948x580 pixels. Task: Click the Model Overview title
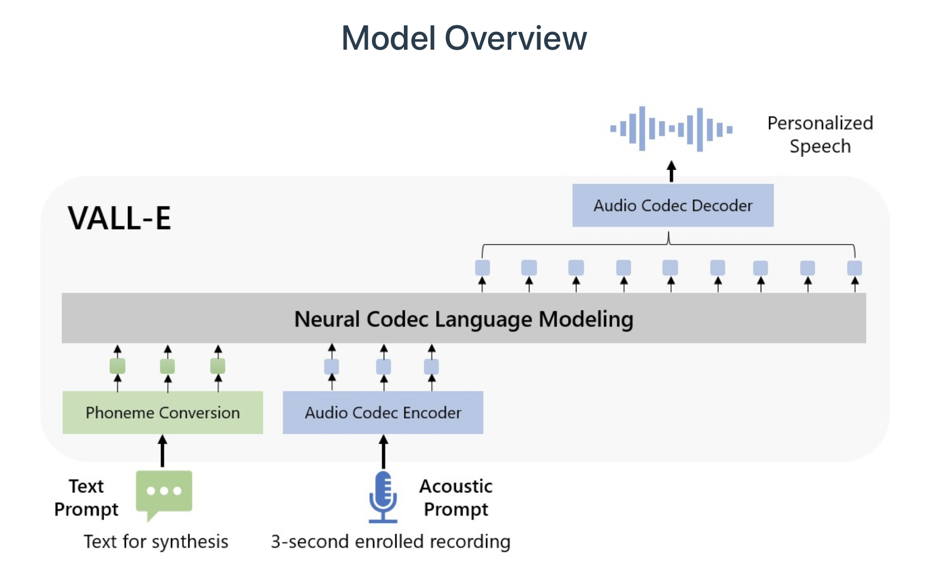464,38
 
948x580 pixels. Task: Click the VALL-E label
119,218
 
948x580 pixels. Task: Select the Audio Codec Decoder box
673,205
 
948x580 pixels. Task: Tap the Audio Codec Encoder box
383,413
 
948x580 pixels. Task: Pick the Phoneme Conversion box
162,413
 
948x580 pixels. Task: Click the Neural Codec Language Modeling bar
464,318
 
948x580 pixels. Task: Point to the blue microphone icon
383,497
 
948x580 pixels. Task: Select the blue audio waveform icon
672,129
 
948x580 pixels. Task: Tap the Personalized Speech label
820,134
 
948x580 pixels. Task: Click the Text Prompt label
86,497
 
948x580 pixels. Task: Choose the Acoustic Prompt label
456,497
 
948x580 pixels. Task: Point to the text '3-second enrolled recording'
390,542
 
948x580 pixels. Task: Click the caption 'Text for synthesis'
156,542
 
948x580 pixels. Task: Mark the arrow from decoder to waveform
672,172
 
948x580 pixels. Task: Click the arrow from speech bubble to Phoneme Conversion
162,451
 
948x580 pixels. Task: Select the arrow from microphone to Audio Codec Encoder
383,451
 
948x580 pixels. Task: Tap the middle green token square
167,367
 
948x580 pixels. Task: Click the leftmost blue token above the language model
483,268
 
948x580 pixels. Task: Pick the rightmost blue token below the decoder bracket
855,268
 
